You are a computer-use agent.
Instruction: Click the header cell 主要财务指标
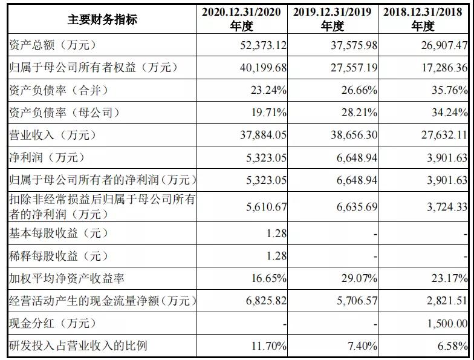pos(102,19)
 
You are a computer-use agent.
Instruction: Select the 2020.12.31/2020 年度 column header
pos(241,19)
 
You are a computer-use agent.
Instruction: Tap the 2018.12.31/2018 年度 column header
pos(423,19)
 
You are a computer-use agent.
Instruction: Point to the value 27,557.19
pos(351,68)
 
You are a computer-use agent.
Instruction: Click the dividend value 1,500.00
pos(446,324)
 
